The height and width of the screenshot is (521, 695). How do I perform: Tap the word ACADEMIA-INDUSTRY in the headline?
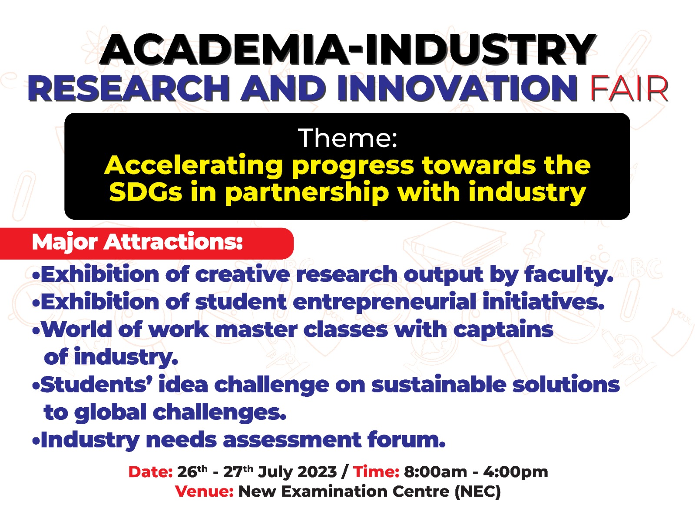[347, 50]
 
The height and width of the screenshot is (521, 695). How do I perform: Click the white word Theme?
[347, 138]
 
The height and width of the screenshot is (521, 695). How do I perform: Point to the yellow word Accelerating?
[193, 166]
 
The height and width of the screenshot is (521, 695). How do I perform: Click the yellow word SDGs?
[146, 192]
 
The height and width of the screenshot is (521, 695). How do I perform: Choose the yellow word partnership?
[307, 193]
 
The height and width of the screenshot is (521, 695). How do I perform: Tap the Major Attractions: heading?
[137, 243]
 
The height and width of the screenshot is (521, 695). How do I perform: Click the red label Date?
[150, 472]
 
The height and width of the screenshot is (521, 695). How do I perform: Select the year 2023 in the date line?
[317, 472]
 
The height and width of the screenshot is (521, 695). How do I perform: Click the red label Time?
[376, 472]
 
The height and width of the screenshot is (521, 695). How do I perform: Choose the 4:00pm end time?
[515, 472]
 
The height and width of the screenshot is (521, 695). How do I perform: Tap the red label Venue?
[204, 491]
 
